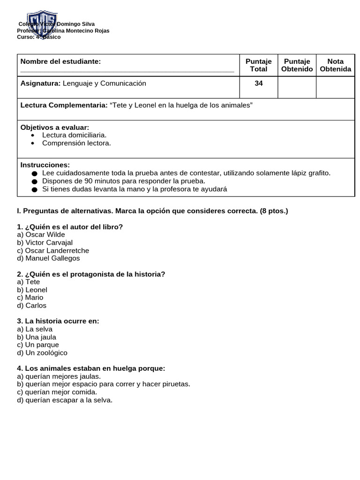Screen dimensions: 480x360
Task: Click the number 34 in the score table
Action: tap(258, 83)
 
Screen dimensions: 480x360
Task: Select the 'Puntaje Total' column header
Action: tap(258, 65)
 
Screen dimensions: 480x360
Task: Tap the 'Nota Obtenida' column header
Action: tap(335, 65)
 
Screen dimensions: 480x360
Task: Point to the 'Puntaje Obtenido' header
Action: tap(297, 65)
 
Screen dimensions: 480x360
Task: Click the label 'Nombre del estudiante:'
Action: tap(60, 61)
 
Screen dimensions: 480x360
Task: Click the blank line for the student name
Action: tap(127, 72)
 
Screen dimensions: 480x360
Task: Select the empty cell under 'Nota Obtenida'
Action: tap(335, 87)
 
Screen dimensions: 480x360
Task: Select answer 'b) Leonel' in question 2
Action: tap(32, 290)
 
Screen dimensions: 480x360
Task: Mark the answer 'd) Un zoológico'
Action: tap(42, 352)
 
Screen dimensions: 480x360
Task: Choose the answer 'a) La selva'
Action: tap(35, 329)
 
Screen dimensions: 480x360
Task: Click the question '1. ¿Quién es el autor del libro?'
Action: tap(70, 227)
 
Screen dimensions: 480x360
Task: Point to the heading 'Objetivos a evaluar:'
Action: tap(55, 127)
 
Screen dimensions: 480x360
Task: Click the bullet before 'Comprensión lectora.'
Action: tap(32, 143)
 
